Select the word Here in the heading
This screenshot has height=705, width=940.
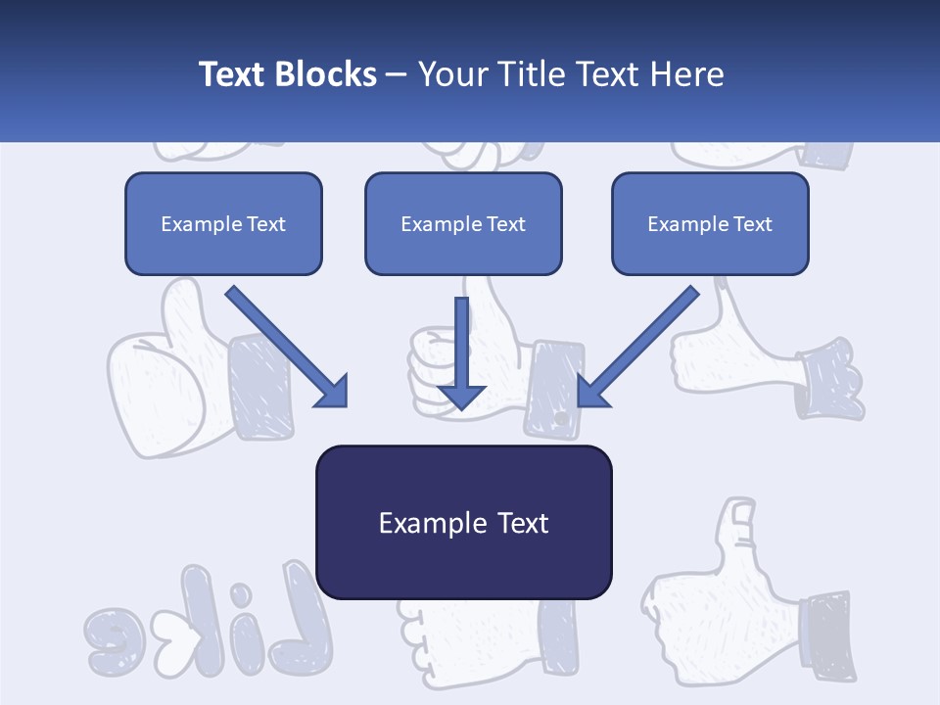pyautogui.click(x=689, y=74)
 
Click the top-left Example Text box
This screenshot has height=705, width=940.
pyautogui.click(x=223, y=223)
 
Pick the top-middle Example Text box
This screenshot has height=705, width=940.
pyautogui.click(x=463, y=223)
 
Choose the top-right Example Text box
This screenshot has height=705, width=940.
pyautogui.click(x=710, y=223)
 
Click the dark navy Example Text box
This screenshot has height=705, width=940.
pyautogui.click(x=463, y=522)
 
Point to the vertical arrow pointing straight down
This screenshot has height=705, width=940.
pyautogui.click(x=461, y=352)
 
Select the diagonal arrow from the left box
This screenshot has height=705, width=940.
pyautogui.click(x=287, y=348)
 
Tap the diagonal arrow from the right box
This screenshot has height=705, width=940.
pyautogui.click(x=637, y=348)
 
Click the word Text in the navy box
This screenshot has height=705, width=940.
pyautogui.click(x=522, y=522)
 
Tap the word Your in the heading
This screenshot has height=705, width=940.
pyautogui.click(x=452, y=74)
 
